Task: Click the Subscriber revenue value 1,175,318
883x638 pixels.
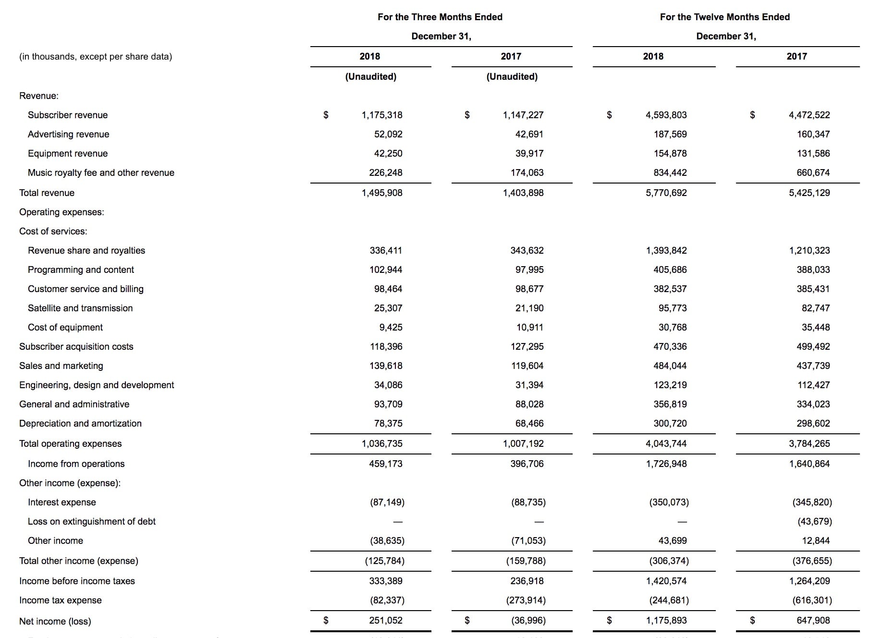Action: [382, 115]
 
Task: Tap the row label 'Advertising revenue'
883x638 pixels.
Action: [68, 134]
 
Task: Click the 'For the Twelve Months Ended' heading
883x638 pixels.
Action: [724, 17]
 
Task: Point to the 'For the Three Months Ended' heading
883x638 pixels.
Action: [440, 17]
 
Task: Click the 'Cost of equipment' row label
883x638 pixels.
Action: [65, 327]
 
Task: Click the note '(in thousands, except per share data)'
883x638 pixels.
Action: [96, 56]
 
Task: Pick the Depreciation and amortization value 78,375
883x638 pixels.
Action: [388, 423]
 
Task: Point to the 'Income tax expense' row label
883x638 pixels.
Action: [61, 600]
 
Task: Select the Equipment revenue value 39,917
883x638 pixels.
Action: [529, 153]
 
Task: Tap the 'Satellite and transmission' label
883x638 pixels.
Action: [80, 308]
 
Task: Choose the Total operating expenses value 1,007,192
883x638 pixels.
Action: [523, 443]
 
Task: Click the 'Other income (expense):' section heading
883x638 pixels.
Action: [70, 483]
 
